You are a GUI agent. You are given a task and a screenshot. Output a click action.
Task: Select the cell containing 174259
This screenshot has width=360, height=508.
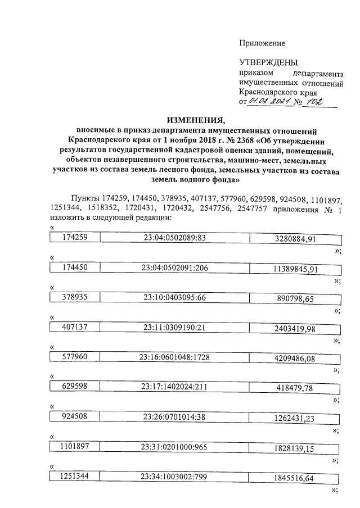click(75, 237)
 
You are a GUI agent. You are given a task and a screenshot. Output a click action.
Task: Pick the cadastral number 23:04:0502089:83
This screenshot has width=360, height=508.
click(175, 238)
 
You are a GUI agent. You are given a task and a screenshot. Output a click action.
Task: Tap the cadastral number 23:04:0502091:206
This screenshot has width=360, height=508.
click(175, 268)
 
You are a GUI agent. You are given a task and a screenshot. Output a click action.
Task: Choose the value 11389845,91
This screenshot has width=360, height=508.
click(296, 270)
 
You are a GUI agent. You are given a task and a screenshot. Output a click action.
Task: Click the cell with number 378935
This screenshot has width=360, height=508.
click(75, 297)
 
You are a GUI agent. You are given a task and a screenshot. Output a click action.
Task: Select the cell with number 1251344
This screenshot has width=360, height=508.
click(75, 476)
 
